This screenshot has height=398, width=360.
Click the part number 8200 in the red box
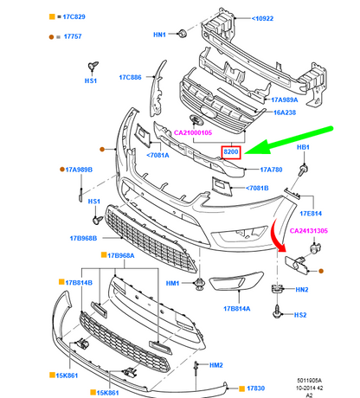[231, 152]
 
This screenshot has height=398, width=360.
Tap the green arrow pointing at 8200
[288, 140]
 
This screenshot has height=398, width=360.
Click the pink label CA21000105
[193, 132]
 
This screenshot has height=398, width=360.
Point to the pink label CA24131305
[309, 231]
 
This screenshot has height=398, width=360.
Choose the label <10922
[262, 18]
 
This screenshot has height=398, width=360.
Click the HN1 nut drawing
[183, 33]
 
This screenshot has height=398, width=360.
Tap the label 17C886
[131, 77]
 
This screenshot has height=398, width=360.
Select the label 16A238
[285, 112]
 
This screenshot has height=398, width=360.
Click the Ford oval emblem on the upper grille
[209, 112]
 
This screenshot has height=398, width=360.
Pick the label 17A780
[271, 170]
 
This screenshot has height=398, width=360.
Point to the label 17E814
[311, 214]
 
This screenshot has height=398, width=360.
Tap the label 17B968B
[83, 238]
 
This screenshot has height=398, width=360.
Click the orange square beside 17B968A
[104, 255]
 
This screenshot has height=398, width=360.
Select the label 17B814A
[237, 309]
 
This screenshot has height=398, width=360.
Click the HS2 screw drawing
[277, 312]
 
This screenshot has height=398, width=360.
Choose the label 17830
[255, 388]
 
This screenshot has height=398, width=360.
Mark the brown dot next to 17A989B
[62, 170]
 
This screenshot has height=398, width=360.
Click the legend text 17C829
[74, 16]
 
